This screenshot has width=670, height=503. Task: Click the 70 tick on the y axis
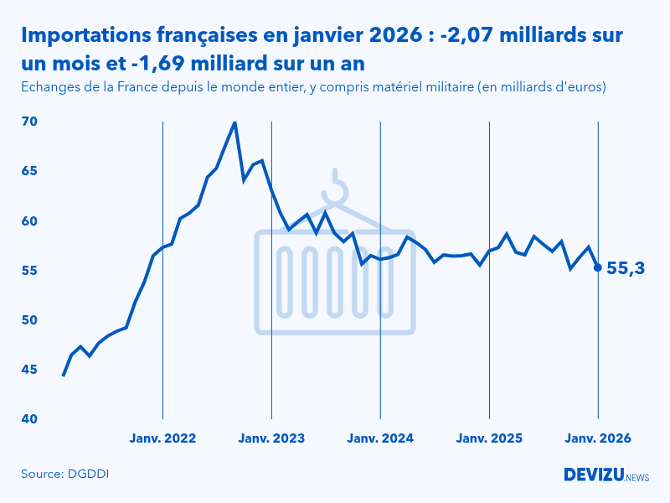click(29, 122)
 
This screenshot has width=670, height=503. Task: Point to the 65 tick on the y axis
click(29, 171)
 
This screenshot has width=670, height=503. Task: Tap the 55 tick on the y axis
click(29, 271)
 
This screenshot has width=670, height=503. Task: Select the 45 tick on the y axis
click(29, 370)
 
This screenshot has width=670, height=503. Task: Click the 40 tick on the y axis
click(29, 419)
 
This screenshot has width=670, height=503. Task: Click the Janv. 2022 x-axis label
click(162, 438)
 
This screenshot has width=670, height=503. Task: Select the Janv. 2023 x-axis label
click(271, 438)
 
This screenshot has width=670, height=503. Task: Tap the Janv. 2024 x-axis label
click(380, 438)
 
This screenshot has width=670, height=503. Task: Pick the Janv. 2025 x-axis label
click(489, 438)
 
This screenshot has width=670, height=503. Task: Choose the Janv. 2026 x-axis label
click(598, 438)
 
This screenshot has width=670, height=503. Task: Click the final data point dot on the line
click(597, 267)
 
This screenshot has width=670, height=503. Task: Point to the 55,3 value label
click(625, 268)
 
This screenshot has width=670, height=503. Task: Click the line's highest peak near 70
click(234, 122)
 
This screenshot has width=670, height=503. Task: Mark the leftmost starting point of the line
click(64, 375)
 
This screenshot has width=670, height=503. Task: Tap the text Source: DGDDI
click(65, 474)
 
